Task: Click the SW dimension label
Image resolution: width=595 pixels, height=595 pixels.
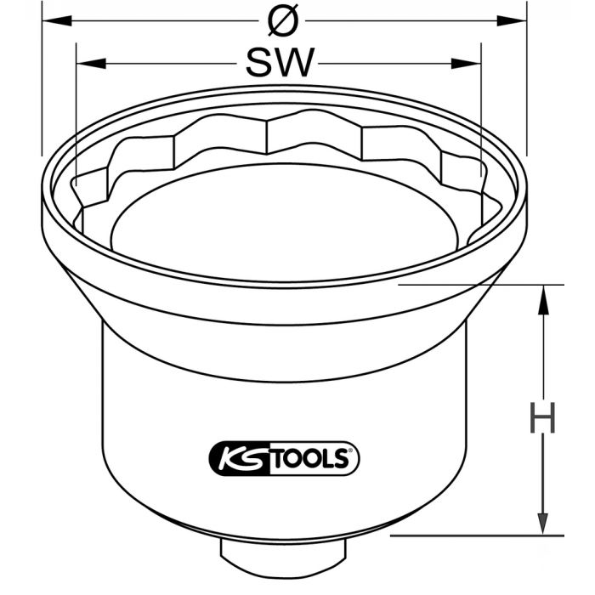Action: coord(280,62)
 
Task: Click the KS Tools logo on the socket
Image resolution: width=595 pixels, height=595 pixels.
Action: coord(283,459)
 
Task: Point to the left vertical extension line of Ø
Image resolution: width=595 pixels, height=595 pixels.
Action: coord(42,85)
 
